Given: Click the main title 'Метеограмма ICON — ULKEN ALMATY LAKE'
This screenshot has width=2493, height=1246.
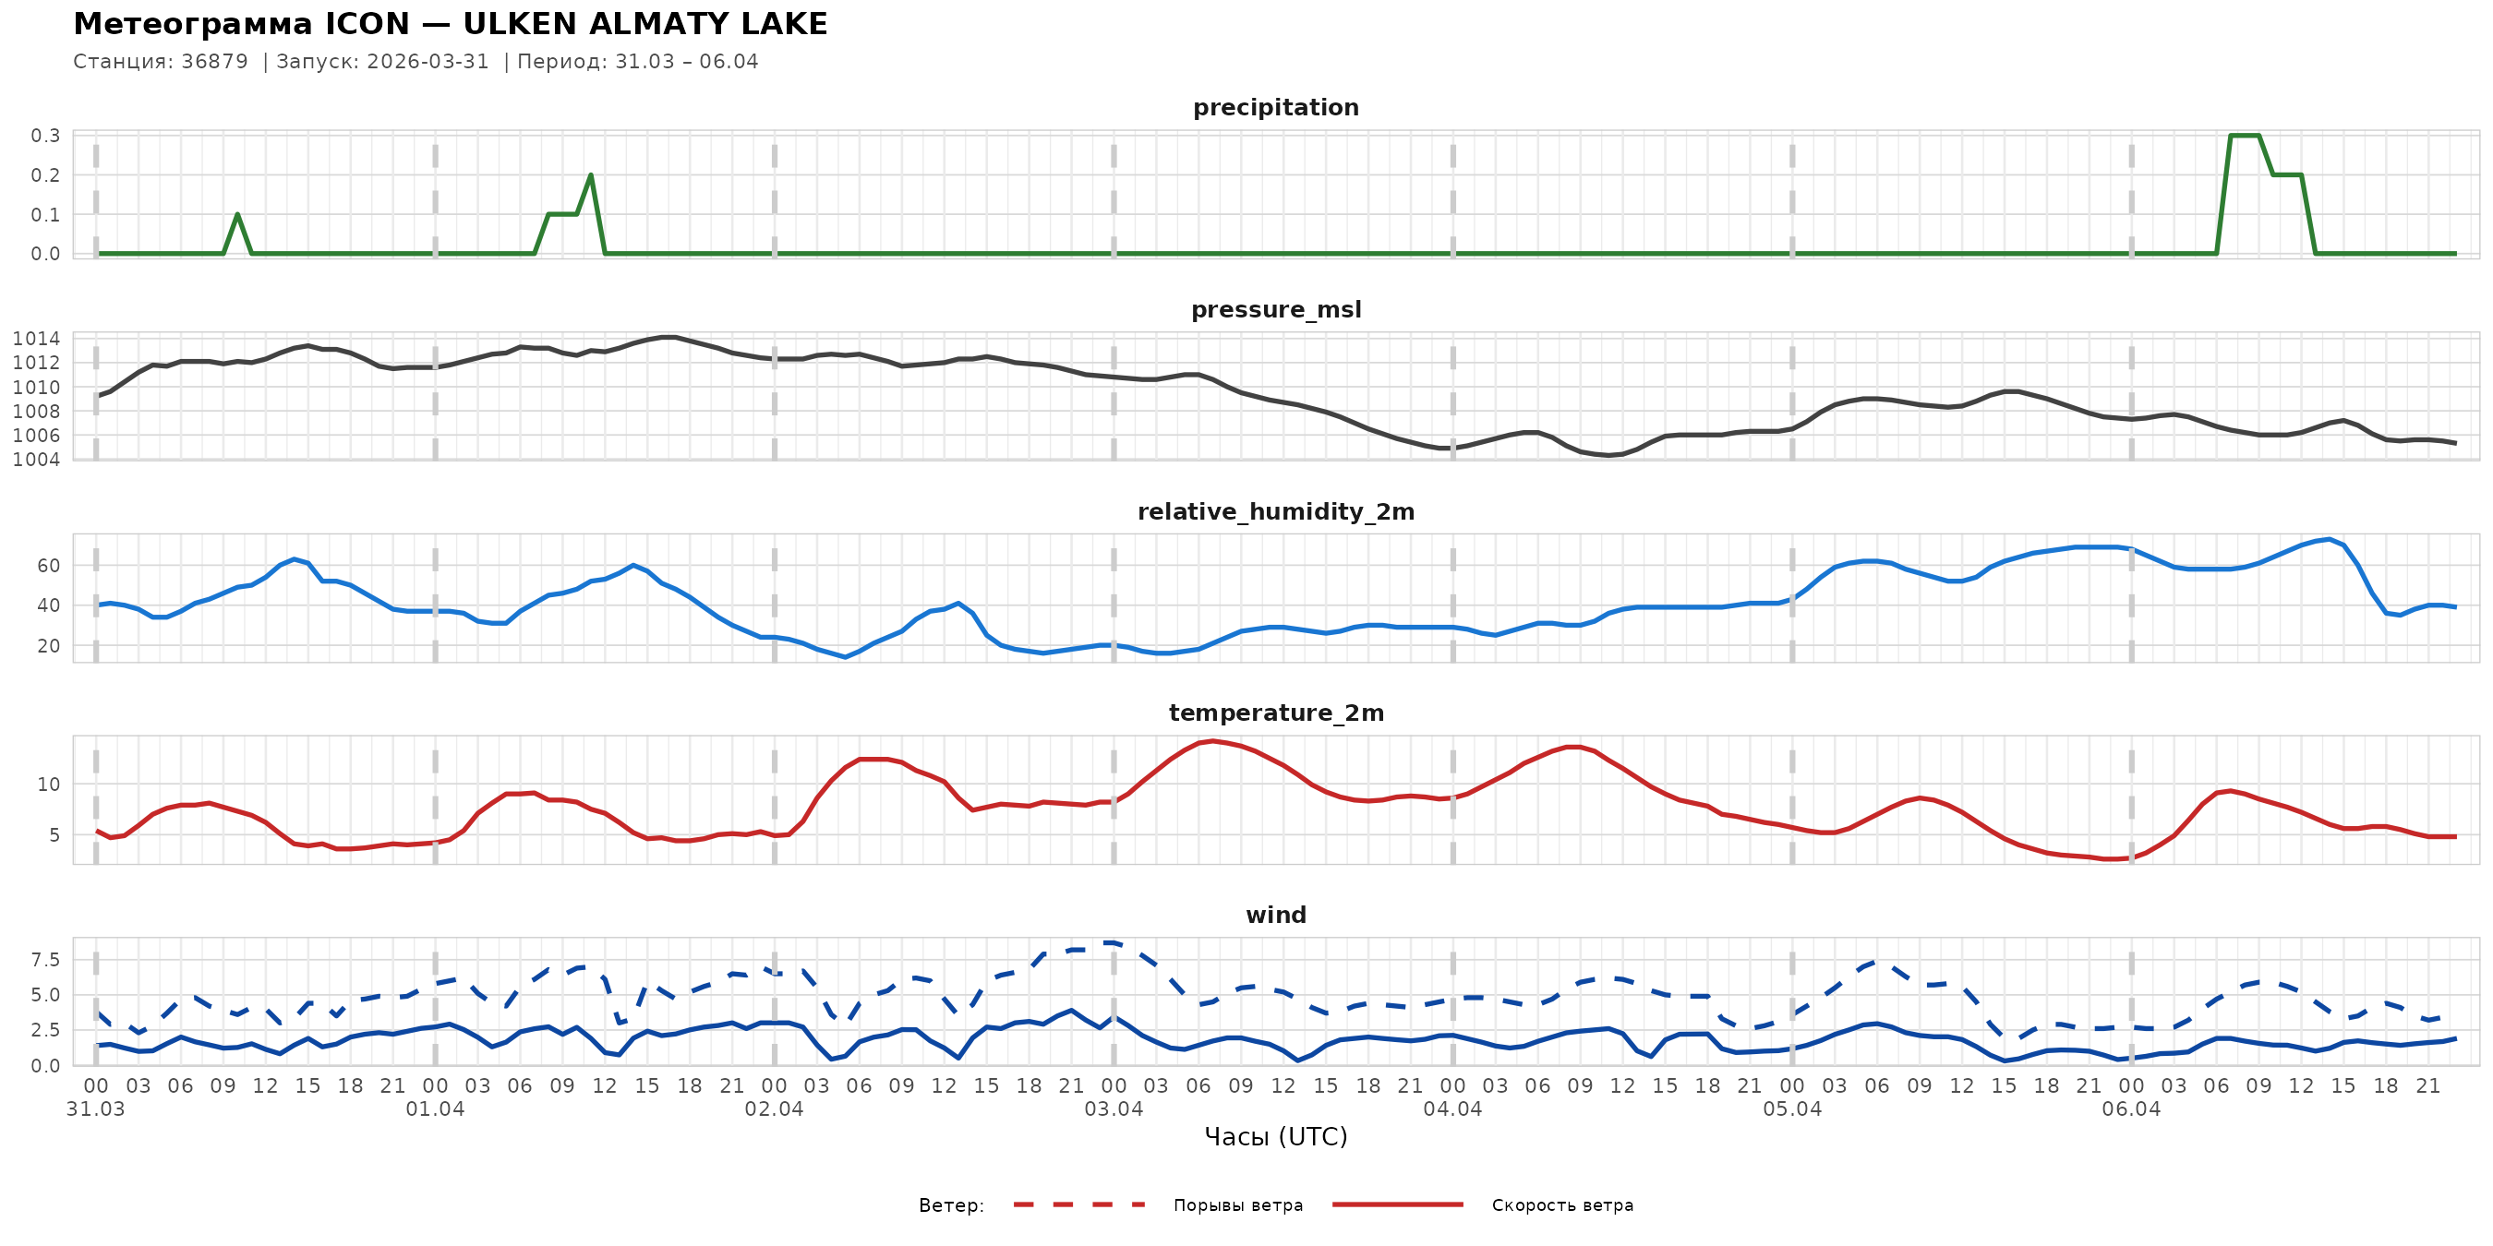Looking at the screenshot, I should coord(450,24).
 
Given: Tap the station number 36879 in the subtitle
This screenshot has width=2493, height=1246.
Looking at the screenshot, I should coord(214,62).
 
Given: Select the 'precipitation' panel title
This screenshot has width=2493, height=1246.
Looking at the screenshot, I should coord(1275,107).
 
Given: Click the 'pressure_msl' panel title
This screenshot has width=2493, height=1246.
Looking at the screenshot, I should coord(1275,309).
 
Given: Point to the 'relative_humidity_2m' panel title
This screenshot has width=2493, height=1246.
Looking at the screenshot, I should coord(1275,511).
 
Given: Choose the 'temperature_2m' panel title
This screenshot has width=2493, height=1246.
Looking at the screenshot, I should coord(1275,713).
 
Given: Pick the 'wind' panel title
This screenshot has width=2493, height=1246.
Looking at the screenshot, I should coord(1275,916).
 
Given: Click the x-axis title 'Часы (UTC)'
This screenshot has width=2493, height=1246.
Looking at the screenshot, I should coord(1275,1137).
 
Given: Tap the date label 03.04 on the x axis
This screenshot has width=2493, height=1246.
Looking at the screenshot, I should coord(1113,1109).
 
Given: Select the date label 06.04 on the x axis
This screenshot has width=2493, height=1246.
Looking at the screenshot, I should coord(2130,1109).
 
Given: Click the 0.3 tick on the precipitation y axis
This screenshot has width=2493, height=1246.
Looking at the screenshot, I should coord(45,136).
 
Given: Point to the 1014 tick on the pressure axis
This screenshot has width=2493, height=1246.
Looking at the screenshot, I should coord(36,339).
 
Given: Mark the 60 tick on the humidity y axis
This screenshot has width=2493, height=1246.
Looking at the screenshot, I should coord(48,566).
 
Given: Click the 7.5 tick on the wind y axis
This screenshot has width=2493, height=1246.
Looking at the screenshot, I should coord(45,960).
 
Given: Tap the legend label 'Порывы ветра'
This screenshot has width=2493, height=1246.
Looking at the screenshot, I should coord(1238,1205).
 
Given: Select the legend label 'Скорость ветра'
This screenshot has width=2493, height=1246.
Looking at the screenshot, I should coord(1562,1205).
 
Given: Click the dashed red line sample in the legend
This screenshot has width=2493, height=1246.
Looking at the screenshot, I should coord(1079,1205).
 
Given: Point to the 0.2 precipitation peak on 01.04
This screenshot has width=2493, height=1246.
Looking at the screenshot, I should coord(590,176).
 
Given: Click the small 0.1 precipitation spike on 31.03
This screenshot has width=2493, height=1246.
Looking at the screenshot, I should coord(237,215).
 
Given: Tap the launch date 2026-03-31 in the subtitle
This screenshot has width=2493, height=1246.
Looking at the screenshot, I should coord(428,62).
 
